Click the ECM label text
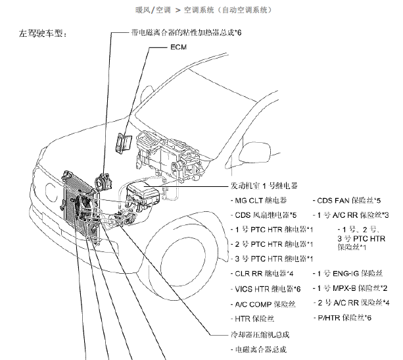click(178, 49)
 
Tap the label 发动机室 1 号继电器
click(264, 186)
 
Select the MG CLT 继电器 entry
click(262, 200)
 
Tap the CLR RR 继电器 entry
click(264, 272)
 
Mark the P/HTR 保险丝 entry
click(348, 318)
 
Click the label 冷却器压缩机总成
click(256, 334)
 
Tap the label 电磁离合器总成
click(259, 349)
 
